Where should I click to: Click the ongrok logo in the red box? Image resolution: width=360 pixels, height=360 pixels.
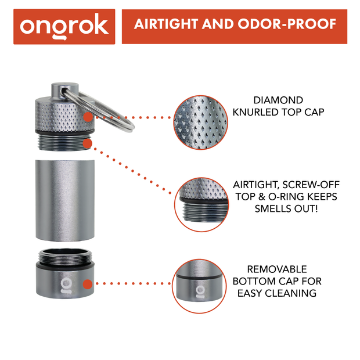coord(64,26)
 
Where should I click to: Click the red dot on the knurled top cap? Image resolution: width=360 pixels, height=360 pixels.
coord(87,117)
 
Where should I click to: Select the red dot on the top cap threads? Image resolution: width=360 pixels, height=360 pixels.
coord(87,142)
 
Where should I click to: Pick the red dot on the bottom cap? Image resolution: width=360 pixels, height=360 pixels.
coord(87,285)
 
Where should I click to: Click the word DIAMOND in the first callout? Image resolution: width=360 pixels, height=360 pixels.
coord(278,100)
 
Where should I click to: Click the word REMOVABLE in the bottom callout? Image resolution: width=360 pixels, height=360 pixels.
coord(277,269)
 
